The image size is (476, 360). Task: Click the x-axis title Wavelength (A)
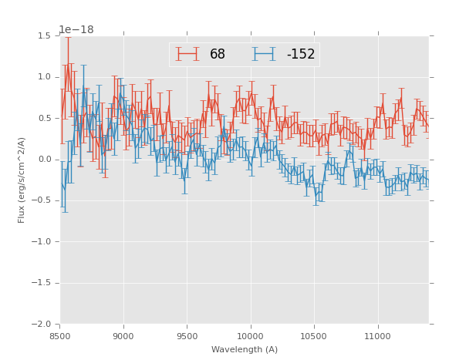(245, 349)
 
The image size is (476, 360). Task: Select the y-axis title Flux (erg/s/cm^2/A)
(22, 180)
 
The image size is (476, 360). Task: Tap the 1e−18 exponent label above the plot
(76, 29)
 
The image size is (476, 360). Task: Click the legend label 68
(218, 55)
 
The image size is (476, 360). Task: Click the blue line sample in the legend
(265, 54)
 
